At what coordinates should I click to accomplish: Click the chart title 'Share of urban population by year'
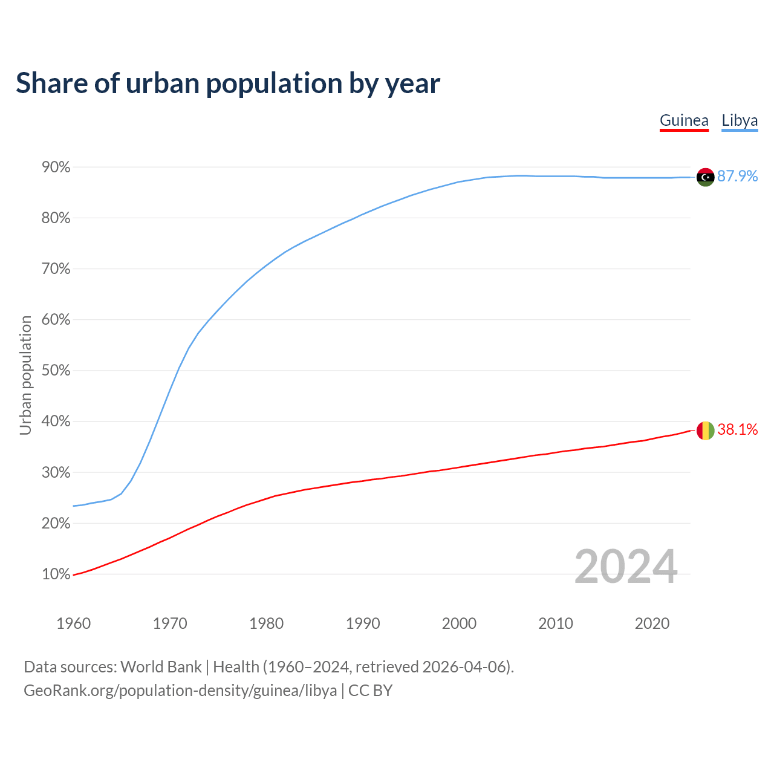(228, 83)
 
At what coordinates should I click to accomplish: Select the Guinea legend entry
(684, 120)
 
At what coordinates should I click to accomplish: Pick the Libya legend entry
(740, 120)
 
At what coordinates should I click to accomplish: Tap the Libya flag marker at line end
(706, 177)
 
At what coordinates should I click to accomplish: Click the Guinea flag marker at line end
(706, 431)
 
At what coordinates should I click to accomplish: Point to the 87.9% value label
(737, 176)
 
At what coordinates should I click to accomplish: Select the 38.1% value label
(737, 429)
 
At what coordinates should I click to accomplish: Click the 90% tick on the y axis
(56, 167)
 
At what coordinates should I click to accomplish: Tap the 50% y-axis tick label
(56, 371)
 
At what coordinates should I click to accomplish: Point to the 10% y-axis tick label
(56, 574)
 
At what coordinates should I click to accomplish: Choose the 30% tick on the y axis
(56, 473)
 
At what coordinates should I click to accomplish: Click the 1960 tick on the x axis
(73, 623)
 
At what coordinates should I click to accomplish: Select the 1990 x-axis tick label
(363, 623)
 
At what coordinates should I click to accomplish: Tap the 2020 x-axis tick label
(652, 623)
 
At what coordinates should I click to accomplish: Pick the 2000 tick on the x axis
(459, 623)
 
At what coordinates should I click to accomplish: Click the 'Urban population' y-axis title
(25, 376)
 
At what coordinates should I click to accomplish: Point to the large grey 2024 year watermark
(626, 567)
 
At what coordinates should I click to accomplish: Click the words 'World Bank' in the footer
(161, 667)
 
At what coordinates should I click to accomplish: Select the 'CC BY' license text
(370, 691)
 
